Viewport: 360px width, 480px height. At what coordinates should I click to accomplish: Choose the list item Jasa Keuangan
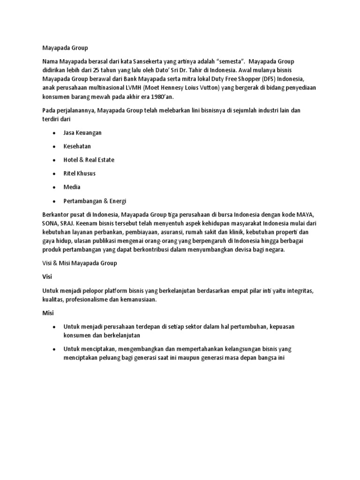82,133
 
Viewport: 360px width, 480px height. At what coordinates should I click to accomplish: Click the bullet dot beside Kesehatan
54,146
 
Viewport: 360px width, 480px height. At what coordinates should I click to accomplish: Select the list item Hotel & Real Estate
89,160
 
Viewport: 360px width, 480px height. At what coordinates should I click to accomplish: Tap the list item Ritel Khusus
80,173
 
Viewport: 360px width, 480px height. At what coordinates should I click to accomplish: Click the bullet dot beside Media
54,187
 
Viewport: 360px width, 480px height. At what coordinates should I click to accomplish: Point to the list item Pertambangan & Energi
95,201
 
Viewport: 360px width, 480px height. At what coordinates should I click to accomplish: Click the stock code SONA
50,224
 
